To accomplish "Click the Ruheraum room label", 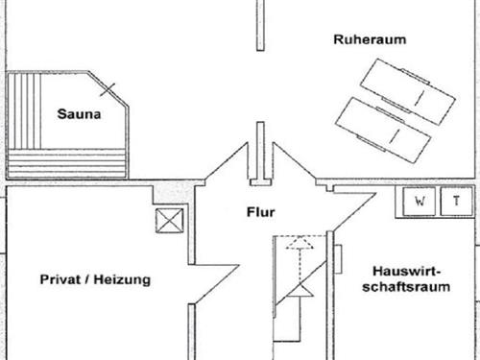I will (370, 39).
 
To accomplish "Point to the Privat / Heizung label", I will (95, 279).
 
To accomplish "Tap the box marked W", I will (420, 202).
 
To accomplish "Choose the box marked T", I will (457, 202).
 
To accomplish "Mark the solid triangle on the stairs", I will (303, 289).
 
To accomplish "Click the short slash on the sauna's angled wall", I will (111, 92).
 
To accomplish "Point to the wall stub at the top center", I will (257, 24).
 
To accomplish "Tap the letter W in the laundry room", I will (420, 202).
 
